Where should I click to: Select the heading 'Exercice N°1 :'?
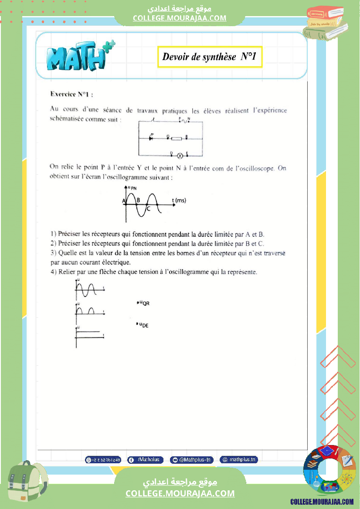coord(71,94)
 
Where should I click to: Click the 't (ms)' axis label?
coord(179,200)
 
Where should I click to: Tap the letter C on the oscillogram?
coord(148,209)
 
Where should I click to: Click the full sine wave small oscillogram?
coord(89,289)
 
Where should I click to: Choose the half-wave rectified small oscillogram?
coord(89,310)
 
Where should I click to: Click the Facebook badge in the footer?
coord(146,460)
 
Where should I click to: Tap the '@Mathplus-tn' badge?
coord(192,460)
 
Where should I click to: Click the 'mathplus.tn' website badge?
coord(239,460)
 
